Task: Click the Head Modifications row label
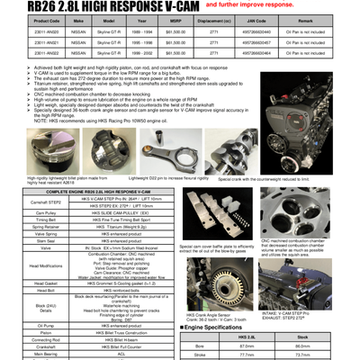[39, 265]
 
